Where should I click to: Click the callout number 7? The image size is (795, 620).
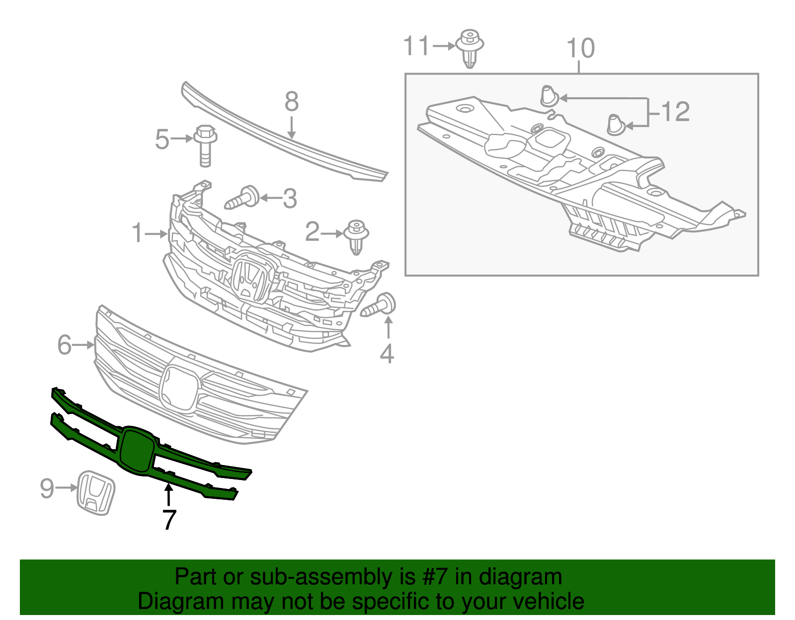point(169,520)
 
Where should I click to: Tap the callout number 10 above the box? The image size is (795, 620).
point(580,49)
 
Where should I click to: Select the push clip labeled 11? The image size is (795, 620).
point(470,48)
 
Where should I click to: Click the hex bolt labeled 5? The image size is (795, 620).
point(205,144)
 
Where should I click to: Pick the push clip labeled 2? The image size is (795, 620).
point(356,237)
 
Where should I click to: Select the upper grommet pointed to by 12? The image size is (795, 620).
point(548,96)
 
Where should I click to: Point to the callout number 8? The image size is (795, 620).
point(292,102)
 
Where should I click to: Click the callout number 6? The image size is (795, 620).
point(64,344)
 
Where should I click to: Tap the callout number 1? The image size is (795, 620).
point(137,233)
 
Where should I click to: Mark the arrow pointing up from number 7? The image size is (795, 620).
point(169,494)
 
